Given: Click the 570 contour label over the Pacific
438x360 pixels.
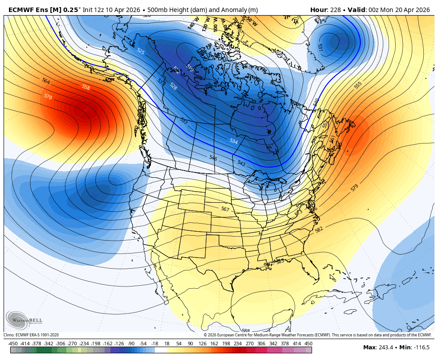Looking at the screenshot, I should [x=48, y=96].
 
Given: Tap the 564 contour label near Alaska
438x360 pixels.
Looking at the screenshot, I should [x=46, y=81].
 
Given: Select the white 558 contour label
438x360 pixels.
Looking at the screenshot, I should [x=86, y=87].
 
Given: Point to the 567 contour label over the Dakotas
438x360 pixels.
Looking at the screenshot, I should [x=225, y=209].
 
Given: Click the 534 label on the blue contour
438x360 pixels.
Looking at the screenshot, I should [x=233, y=141].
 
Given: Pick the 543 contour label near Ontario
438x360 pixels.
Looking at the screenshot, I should [x=241, y=163].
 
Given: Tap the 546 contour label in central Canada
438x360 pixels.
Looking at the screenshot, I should [x=213, y=158].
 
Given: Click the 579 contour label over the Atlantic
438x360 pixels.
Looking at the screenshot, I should [x=354, y=188].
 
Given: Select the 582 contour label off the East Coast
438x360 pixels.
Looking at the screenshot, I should [x=319, y=229].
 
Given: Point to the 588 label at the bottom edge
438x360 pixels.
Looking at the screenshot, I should [x=246, y=331].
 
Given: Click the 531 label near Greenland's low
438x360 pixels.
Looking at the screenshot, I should [x=320, y=46].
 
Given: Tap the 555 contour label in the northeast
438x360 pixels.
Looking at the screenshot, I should [x=358, y=85].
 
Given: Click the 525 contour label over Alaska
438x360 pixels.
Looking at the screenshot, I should [x=141, y=52].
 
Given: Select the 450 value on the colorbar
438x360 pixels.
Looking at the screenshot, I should [x=308, y=343].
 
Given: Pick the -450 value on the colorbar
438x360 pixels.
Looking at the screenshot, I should [x=13, y=343].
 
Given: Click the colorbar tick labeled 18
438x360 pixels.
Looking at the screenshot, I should [x=167, y=343].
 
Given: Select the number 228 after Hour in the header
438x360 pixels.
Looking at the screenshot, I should [x=334, y=10].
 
